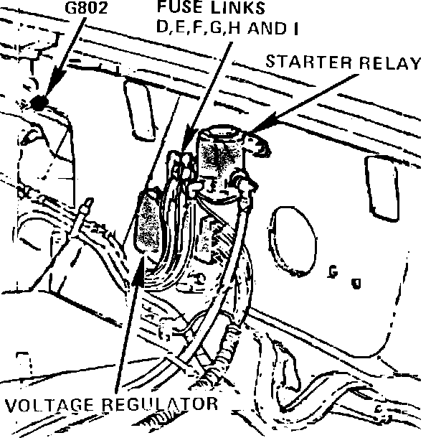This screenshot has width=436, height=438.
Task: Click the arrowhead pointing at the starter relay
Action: [257, 130]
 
